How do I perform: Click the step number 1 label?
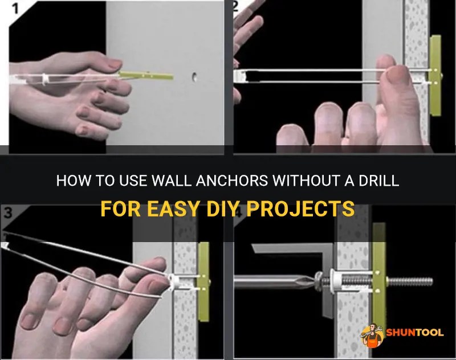click(x=15, y=8)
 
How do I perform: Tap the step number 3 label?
click(x=8, y=212)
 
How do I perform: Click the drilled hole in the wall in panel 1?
click(x=194, y=77)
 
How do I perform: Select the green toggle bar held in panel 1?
click(x=145, y=76)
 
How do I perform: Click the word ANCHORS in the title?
click(x=232, y=181)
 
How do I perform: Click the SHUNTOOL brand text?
click(x=415, y=333)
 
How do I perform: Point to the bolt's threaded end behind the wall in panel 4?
click(x=410, y=281)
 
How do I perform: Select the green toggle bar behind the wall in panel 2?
click(x=435, y=76)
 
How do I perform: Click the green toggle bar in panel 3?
click(x=203, y=282)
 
